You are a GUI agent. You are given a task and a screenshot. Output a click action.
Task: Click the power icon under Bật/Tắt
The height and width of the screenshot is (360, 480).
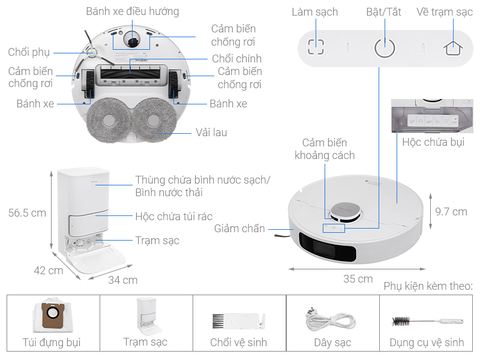385,47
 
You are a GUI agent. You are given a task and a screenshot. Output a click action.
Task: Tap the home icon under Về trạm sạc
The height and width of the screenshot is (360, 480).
453,47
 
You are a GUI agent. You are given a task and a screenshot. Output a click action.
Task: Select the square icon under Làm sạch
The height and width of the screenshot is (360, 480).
316,47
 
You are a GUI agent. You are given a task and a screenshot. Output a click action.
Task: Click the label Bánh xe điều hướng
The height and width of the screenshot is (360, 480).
133,11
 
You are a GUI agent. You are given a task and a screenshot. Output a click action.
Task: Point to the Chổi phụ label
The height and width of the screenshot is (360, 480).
28,52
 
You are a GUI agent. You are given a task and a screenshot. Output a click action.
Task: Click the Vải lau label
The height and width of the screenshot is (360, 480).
211,132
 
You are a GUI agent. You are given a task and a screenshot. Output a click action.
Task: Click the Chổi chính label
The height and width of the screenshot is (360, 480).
237,59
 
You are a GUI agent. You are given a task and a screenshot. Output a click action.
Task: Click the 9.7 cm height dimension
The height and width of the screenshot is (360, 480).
451,211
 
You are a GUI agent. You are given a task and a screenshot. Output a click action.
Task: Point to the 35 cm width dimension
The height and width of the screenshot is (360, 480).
358,278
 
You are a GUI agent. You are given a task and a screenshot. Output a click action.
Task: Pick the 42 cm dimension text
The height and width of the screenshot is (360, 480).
49,270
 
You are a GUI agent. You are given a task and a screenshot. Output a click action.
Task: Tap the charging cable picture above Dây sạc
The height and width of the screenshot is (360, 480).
332,319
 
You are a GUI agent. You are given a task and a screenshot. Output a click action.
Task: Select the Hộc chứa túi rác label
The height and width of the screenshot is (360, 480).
173,216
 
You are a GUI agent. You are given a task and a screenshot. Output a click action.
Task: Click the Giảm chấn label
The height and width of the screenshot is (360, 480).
240,229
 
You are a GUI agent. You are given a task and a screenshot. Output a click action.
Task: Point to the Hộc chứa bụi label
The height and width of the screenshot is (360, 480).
433,142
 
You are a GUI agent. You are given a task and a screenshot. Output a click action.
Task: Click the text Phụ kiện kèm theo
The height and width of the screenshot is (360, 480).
428,286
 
